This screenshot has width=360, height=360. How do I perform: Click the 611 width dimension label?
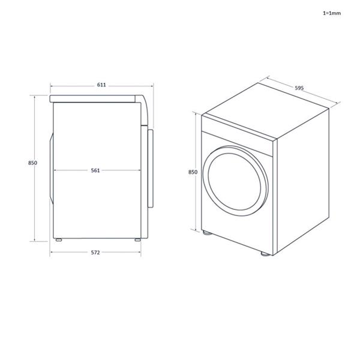tap(101, 85)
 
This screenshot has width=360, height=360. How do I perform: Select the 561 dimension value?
tap(95, 170)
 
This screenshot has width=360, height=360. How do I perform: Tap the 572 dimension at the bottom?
tap(95, 253)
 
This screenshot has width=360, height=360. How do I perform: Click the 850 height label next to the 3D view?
tap(193, 172)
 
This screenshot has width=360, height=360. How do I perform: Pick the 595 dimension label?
tap(299, 88)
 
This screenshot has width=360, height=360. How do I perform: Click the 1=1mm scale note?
tap(331, 12)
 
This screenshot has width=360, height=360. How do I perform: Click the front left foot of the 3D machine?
tap(206, 233)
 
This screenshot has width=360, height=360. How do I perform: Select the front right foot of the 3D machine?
tap(265, 255)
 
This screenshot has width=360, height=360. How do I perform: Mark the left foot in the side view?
tap(59, 240)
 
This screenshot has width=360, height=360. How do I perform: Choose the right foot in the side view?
tap(137, 240)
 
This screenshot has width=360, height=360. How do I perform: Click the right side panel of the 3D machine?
tap(303, 180)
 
